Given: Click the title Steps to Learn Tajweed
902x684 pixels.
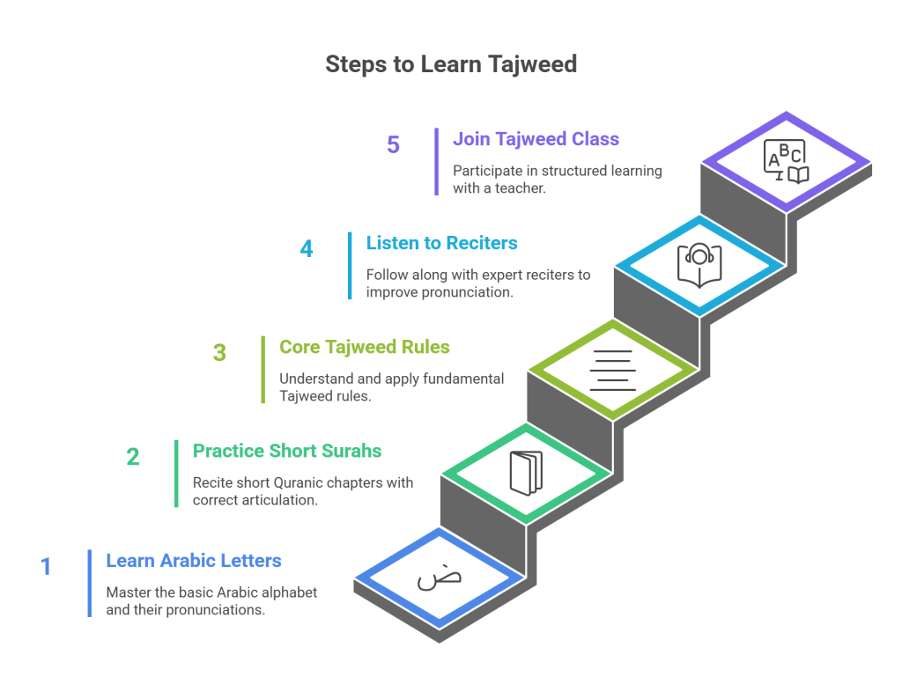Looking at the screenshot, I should tap(451, 64).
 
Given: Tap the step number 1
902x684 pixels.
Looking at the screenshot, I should tap(47, 566).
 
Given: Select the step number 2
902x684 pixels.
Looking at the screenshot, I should tap(133, 457).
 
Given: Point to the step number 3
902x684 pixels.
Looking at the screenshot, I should tap(219, 353).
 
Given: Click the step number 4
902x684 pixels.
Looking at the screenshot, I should tap(307, 249).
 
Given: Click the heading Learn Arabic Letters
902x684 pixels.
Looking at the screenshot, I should tap(194, 561).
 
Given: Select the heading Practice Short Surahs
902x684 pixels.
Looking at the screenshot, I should tap(287, 452).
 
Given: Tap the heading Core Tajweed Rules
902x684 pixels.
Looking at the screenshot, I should tap(365, 347).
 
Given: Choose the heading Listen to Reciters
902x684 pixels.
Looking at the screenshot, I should tap(442, 243).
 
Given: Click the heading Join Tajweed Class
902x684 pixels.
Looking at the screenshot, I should tap(536, 139).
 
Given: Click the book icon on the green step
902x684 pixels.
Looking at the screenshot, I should tap(526, 473).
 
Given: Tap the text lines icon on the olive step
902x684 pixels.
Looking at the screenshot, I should tap(612, 370).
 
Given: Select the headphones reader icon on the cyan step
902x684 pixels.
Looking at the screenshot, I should tap(699, 265).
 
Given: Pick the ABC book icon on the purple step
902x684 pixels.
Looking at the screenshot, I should tap(786, 161).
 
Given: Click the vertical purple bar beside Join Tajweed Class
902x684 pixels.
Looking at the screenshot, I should tap(436, 161).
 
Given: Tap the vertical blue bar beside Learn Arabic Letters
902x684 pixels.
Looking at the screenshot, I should tap(89, 583).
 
